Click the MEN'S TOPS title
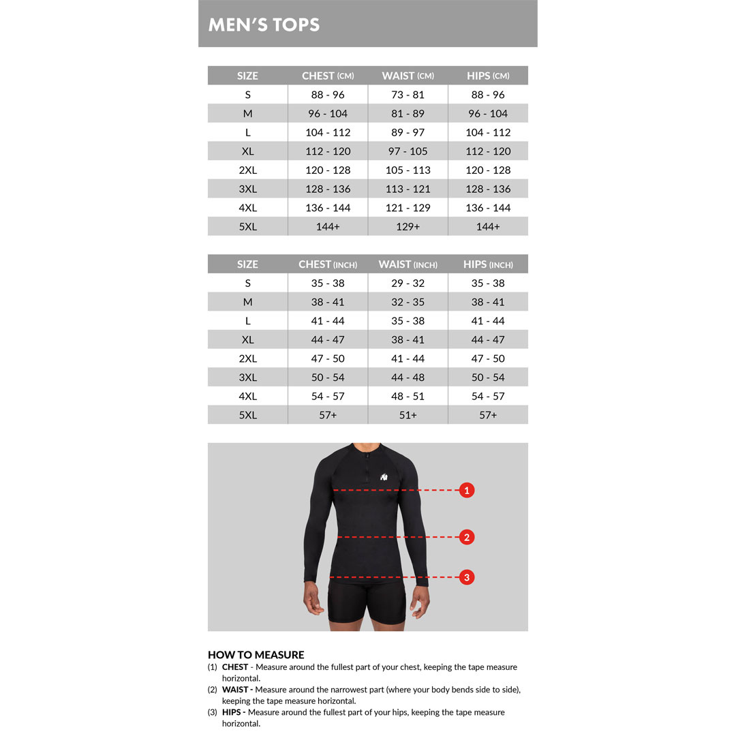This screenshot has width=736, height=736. coord(264,25)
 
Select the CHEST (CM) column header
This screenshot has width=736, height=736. coord(328,76)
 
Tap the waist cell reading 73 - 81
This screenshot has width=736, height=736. coord(408,95)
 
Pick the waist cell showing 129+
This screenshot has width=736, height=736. coord(408,227)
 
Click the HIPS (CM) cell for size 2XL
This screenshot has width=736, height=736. coord(488,170)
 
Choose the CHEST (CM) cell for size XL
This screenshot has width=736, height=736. coord(328,151)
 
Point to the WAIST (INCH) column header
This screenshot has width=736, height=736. coord(408,264)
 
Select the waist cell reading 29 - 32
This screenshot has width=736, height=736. coord(408,283)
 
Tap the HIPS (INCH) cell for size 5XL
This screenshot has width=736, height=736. coord(488,415)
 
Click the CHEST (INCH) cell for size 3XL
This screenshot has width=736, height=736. coord(328,378)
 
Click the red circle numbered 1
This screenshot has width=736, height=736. coord(466,490)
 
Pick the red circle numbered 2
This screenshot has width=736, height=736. coord(466,537)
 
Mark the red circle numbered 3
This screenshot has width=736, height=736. coord(466,577)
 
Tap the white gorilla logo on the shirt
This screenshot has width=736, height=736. coord(385,476)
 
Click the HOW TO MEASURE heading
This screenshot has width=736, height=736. coord(256,655)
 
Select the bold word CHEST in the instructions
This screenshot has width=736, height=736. coord(235,667)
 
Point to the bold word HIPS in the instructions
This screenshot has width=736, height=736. coord(234,712)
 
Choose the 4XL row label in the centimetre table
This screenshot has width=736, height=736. coord(247,208)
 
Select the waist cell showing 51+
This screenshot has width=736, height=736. coord(408,415)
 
